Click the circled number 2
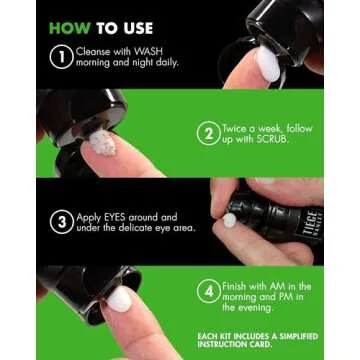pos(207,134)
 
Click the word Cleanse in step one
pos(93,50)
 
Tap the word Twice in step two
pos(239,129)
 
